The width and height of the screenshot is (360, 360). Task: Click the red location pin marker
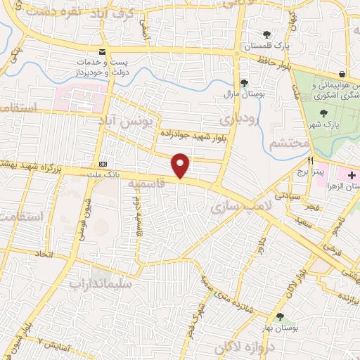click(181, 165)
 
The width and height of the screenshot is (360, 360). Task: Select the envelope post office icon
click(103, 52)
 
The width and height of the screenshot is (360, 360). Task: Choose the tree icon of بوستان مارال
click(243, 82)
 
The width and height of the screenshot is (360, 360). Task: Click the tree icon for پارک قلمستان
click(266, 34)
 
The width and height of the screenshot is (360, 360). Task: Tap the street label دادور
click(263, 247)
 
